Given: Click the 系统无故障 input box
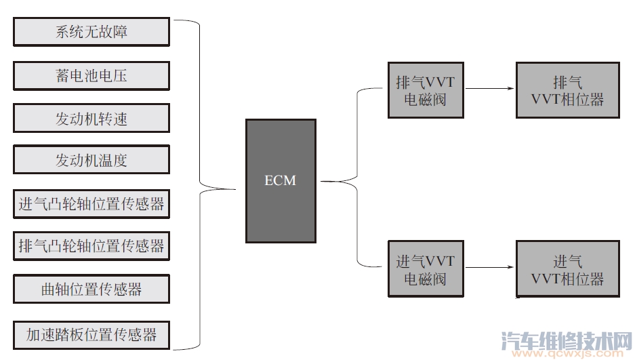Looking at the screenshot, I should pyautogui.click(x=91, y=32).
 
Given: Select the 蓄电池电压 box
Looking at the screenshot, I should pyautogui.click(x=91, y=75).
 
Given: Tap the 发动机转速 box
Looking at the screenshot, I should pyautogui.click(x=91, y=118).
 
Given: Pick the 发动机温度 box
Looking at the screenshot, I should pyautogui.click(x=91, y=161).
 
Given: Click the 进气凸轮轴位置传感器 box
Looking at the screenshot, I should pyautogui.click(x=91, y=204).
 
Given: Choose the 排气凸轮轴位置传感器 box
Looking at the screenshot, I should pyautogui.click(x=91, y=246).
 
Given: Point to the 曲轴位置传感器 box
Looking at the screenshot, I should pyautogui.click(x=91, y=289).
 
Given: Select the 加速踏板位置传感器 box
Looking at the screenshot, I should pyautogui.click(x=91, y=334).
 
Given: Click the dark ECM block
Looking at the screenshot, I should pyautogui.click(x=281, y=203).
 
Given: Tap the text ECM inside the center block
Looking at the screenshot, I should pyautogui.click(x=281, y=181).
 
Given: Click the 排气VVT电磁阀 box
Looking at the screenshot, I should pyautogui.click(x=425, y=90).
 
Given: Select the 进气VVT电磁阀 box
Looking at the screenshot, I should pyautogui.click(x=425, y=268).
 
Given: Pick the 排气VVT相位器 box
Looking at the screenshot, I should pyautogui.click(x=567, y=90).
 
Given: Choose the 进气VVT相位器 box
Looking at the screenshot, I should pyautogui.click(x=567, y=269).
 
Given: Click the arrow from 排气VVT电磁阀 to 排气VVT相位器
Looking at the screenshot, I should pyautogui.click(x=489, y=89).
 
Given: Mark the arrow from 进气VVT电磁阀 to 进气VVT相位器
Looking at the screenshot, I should pyautogui.click(x=489, y=267).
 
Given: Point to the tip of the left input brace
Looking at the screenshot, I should pyautogui.click(x=230, y=188).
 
